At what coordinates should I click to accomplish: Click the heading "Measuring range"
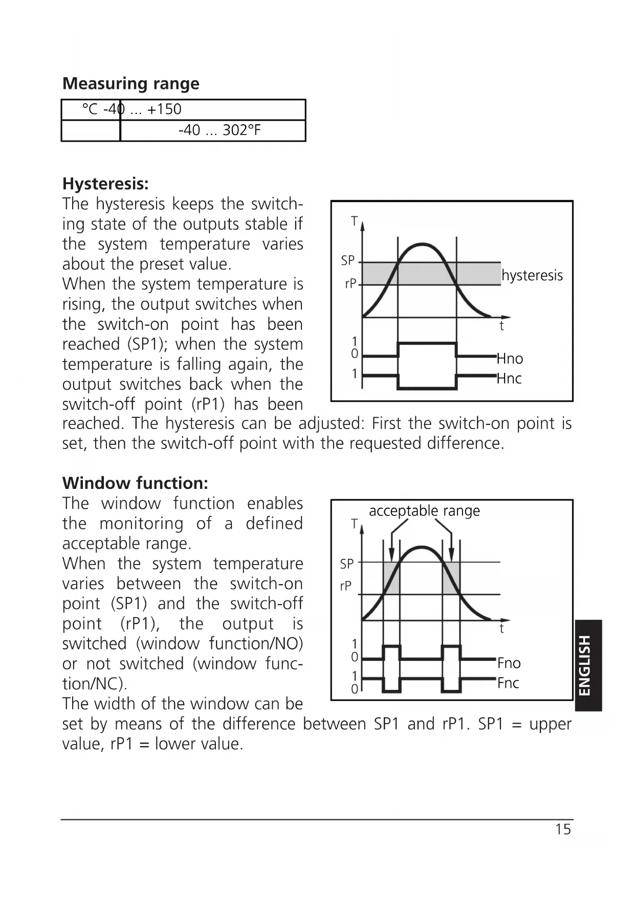coord(130,83)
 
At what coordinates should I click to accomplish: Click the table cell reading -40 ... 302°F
coord(220,130)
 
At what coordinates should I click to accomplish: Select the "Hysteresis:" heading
coord(105,184)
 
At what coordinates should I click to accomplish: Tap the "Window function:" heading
coord(135,483)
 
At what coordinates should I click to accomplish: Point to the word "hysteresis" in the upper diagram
coord(532,276)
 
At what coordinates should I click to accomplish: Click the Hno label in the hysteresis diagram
coord(510,358)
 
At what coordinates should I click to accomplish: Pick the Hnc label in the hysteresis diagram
coord(509,378)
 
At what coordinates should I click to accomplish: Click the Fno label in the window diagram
coord(509,663)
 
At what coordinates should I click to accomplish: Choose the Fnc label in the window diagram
coord(508,683)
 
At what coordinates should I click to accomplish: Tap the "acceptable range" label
coord(424,511)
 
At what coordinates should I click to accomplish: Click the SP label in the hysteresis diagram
coord(348,261)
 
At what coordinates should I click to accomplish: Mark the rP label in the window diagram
coord(346,586)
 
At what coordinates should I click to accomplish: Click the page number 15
coord(563,829)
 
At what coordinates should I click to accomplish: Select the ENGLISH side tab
coord(588,665)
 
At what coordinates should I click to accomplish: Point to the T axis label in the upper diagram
coord(354,221)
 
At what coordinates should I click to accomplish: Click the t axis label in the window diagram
coord(502,629)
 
